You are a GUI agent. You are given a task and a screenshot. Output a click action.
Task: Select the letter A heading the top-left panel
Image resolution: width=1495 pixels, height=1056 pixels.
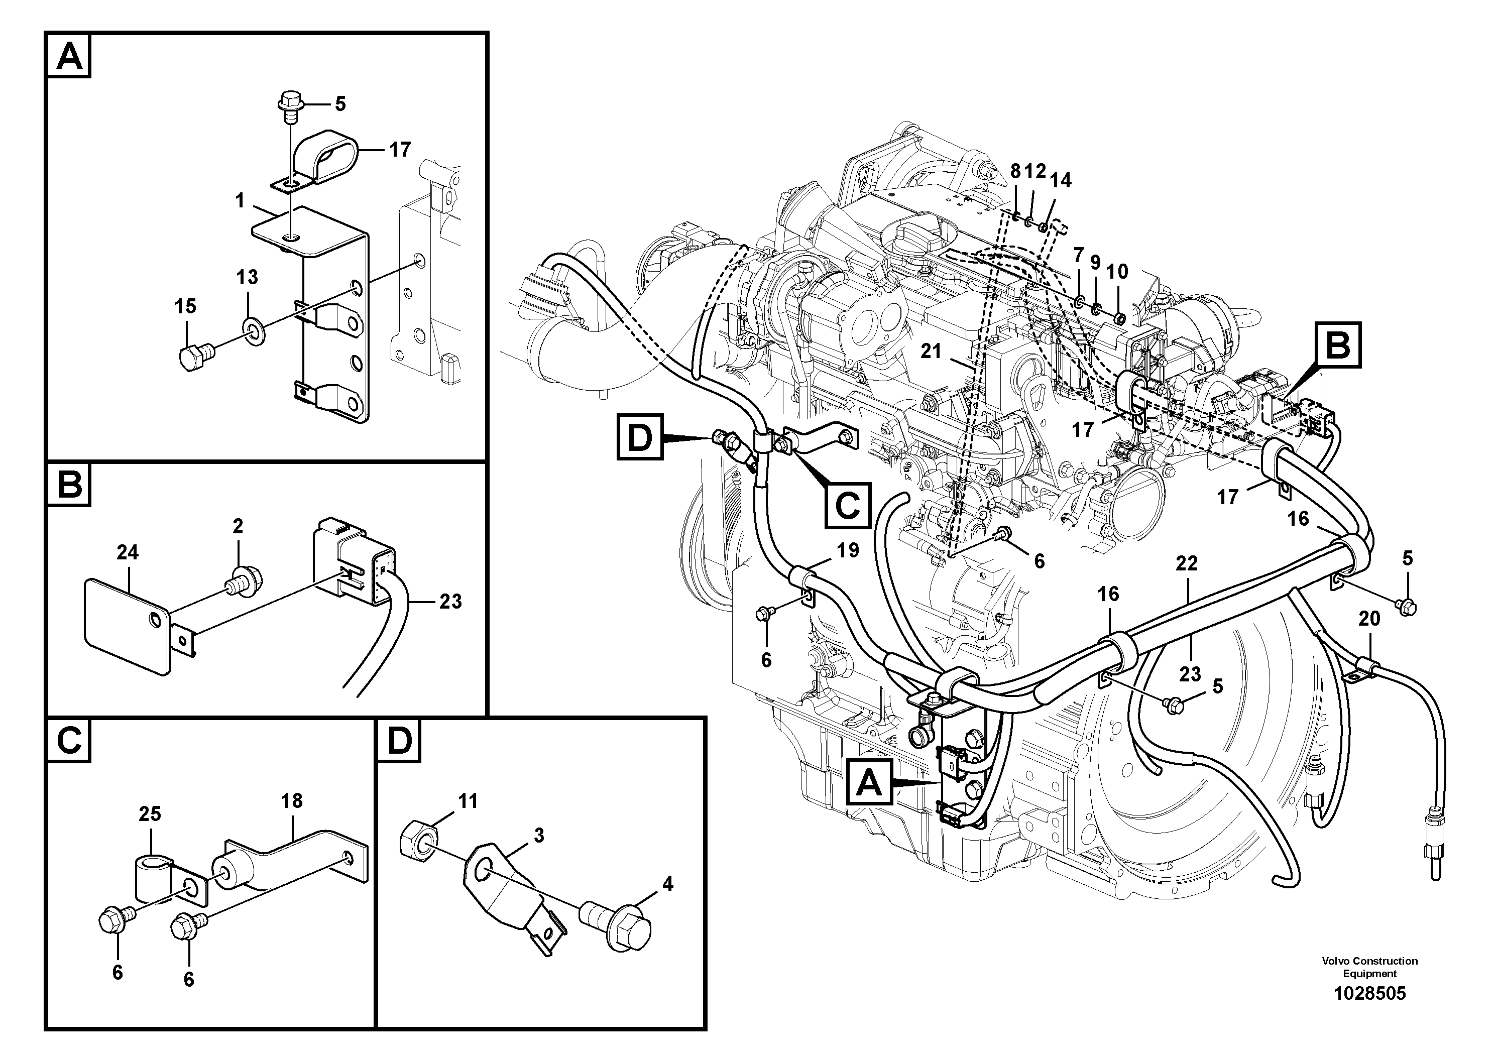69,57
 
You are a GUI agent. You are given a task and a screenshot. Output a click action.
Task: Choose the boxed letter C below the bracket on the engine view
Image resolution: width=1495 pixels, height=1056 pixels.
847,505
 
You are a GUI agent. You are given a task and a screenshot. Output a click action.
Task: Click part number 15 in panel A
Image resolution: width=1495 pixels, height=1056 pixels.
186,306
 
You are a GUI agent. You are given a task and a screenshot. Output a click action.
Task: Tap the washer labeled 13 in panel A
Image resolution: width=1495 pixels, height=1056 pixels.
255,331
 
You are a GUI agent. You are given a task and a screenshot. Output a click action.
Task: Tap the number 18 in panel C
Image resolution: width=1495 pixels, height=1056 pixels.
292,801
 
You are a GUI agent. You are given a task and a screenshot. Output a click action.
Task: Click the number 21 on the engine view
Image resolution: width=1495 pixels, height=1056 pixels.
931,351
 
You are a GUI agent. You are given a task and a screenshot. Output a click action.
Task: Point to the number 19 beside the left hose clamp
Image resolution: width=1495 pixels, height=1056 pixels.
847,551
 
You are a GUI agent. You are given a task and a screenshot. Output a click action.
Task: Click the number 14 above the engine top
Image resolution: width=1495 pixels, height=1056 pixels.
1061,180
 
